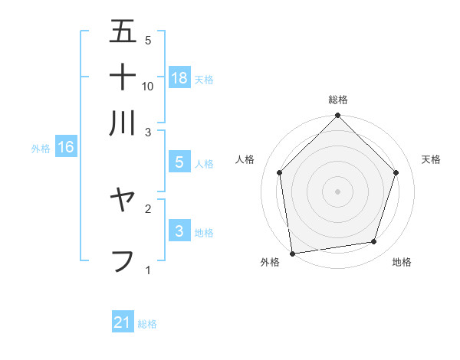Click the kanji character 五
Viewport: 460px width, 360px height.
pyautogui.click(x=123, y=32)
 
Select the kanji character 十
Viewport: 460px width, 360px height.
pyautogui.click(x=123, y=77)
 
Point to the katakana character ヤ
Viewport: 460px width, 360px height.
pyautogui.click(x=123, y=201)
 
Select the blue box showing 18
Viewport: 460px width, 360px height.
pyautogui.click(x=179, y=77)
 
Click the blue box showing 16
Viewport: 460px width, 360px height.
pyautogui.click(x=66, y=148)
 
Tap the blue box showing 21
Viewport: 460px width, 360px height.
pyautogui.click(x=123, y=322)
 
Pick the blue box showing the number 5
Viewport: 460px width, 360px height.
pyautogui.click(x=179, y=162)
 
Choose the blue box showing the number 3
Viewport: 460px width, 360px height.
pyautogui.click(x=179, y=231)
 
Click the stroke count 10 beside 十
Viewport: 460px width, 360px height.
pyautogui.click(x=148, y=87)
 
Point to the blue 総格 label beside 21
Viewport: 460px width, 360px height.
pyautogui.click(x=147, y=324)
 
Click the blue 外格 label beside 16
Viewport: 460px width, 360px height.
pyautogui.click(x=41, y=149)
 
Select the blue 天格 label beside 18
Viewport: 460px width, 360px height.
pyautogui.click(x=204, y=79)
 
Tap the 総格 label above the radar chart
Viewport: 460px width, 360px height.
pyautogui.click(x=338, y=100)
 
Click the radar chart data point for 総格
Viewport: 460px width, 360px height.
pyautogui.click(x=338, y=116)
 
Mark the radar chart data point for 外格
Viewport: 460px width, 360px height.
pyautogui.click(x=292, y=253)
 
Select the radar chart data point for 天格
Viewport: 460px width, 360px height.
pyautogui.click(x=396, y=172)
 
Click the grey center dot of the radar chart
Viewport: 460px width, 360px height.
pyautogui.click(x=338, y=191)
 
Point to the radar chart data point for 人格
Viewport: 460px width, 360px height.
pyautogui.click(x=280, y=172)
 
